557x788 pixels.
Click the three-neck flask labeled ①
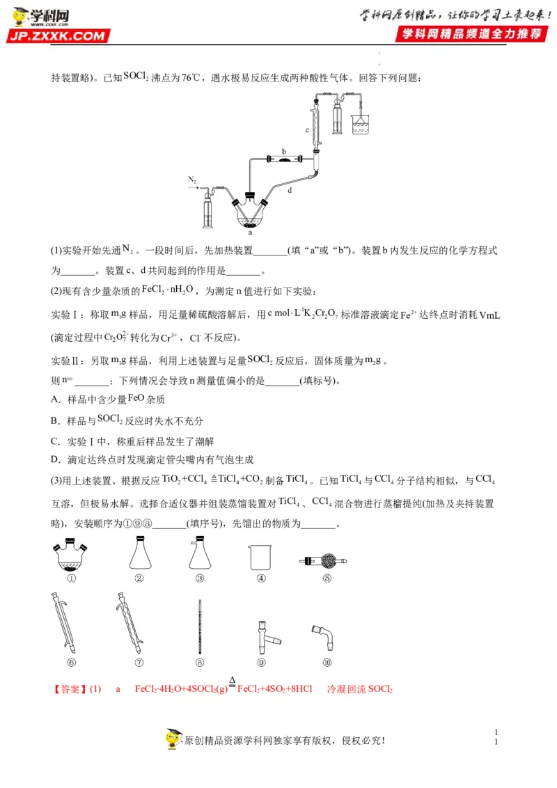coord(70,555)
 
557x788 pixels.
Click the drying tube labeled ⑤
coord(323,560)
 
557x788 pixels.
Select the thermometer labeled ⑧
coord(201,627)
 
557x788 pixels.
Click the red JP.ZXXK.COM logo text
coord(58,36)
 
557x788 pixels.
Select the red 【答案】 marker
coord(70,689)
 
